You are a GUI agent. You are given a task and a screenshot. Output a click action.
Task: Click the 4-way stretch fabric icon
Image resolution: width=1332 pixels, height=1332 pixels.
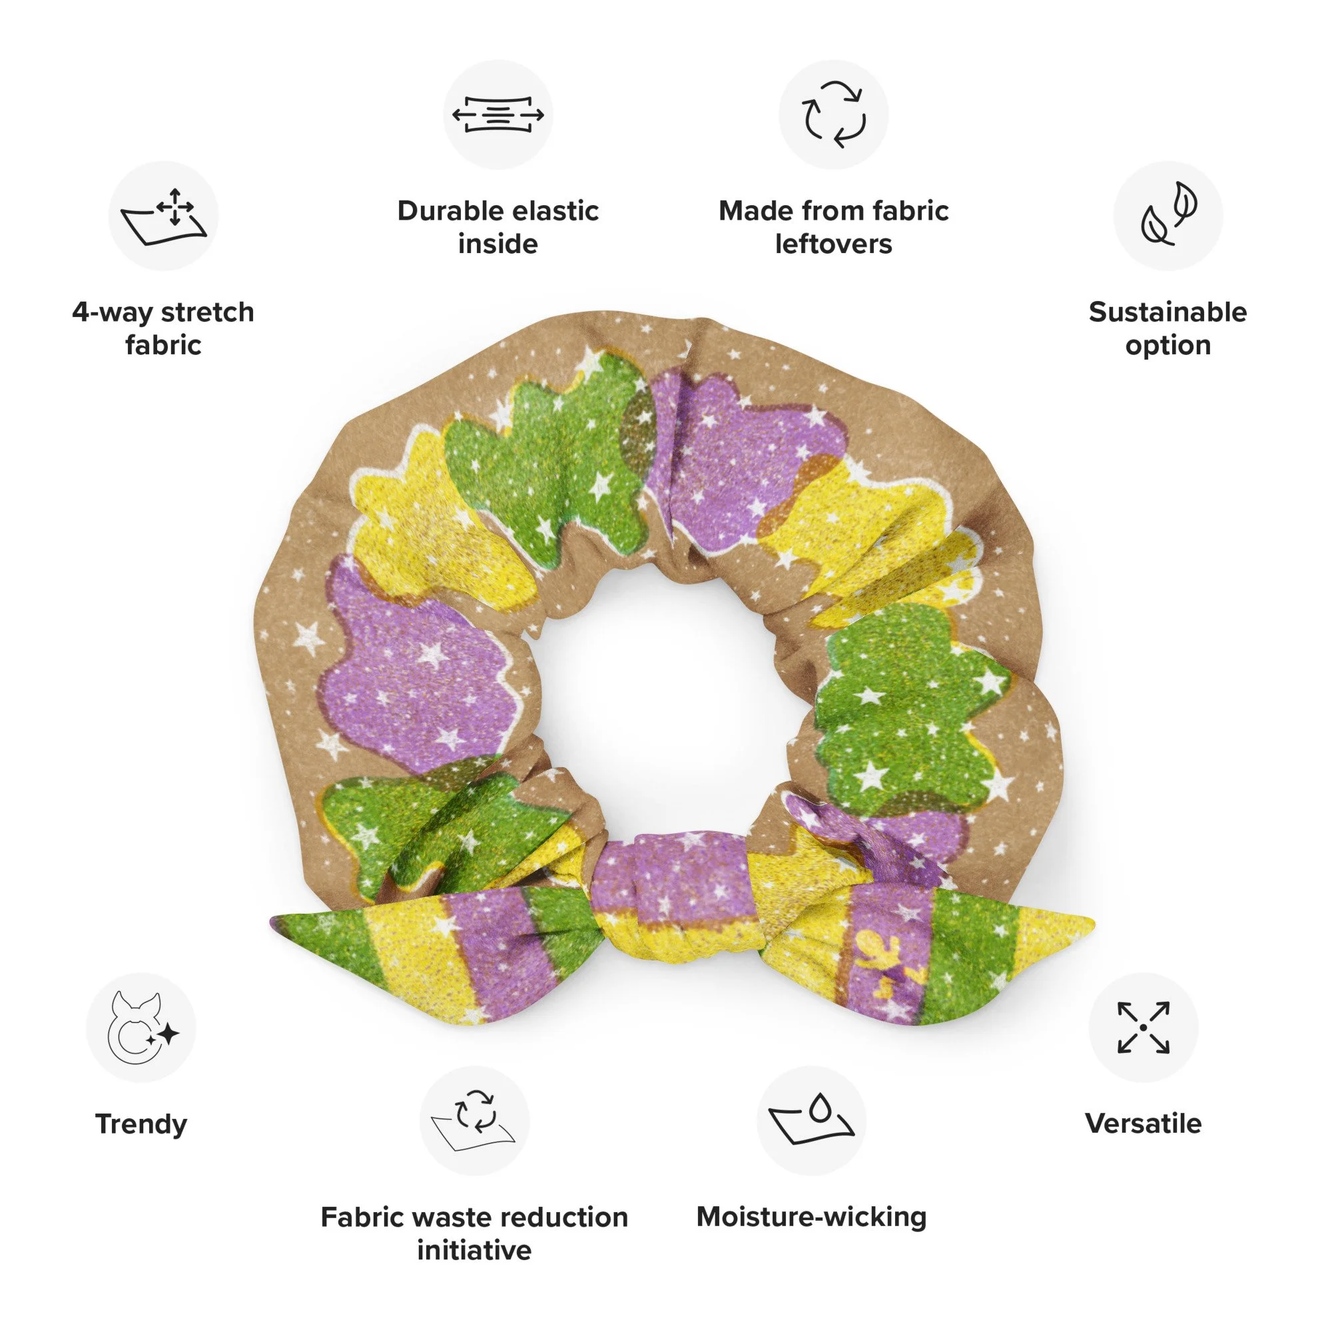(163, 216)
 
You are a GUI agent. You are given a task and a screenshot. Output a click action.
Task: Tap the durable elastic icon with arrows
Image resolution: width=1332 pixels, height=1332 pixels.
(498, 115)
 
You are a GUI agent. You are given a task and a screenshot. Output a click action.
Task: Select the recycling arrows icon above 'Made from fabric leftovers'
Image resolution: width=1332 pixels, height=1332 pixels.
(834, 115)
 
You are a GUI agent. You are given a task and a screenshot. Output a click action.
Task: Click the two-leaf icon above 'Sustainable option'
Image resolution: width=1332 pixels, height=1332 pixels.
(1168, 216)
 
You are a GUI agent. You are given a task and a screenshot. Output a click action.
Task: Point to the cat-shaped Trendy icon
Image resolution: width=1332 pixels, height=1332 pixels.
(141, 1027)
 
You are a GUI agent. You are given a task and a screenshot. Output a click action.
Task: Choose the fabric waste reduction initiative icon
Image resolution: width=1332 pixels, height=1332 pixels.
(474, 1120)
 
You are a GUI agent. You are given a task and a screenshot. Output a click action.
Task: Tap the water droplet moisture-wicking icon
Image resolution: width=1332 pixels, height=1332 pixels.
(811, 1120)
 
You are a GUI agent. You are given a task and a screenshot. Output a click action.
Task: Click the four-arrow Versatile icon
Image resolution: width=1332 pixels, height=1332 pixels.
(1143, 1027)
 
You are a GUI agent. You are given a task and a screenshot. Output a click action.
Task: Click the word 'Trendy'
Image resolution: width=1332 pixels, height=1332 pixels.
(141, 1124)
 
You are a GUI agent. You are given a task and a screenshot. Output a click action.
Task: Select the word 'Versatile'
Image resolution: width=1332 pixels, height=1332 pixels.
(1143, 1124)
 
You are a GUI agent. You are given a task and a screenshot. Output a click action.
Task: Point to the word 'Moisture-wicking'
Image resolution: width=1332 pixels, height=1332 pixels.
(811, 1217)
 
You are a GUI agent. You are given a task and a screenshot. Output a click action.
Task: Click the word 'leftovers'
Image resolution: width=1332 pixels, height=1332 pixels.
(834, 244)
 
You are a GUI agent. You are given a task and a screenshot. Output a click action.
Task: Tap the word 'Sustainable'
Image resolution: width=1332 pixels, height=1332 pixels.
(1168, 312)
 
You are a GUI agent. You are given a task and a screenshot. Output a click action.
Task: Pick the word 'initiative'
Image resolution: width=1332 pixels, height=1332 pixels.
(474, 1250)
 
